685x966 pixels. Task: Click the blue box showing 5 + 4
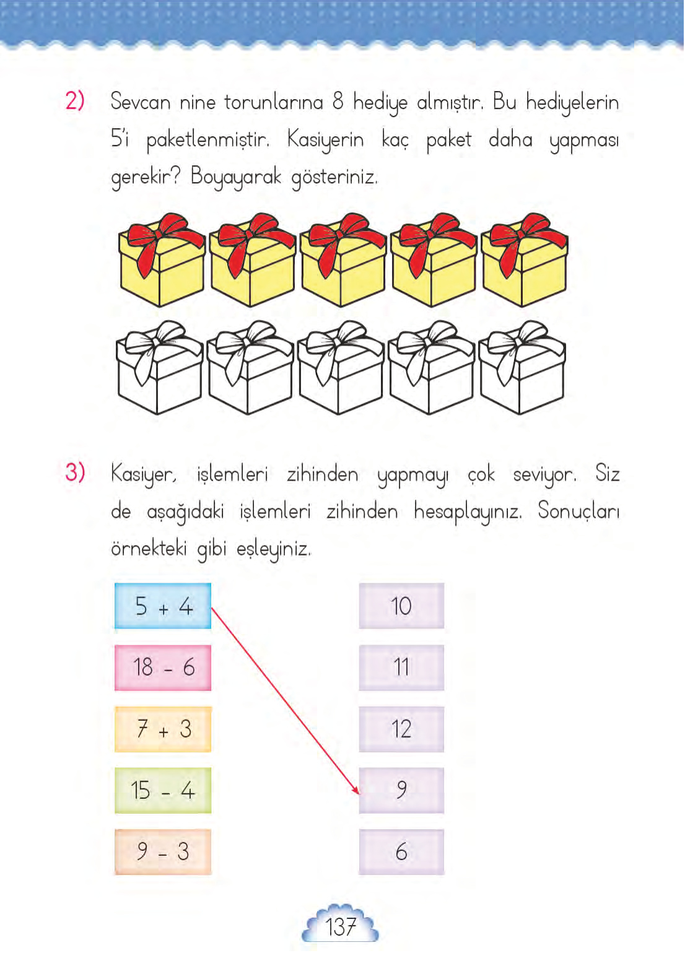[x=163, y=606]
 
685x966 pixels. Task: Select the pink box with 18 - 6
[x=163, y=668]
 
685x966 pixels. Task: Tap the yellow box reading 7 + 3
[x=163, y=729]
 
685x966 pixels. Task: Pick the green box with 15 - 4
[x=163, y=790]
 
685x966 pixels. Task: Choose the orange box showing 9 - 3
[x=163, y=851]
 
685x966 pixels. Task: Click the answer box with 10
[x=401, y=606]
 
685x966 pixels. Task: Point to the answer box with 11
[x=401, y=668]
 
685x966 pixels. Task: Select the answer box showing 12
[x=401, y=729]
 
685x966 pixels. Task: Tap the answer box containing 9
[x=401, y=790]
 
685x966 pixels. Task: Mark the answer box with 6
[x=401, y=851]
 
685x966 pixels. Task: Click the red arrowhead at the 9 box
[x=356, y=790]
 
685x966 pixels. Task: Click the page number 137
[x=340, y=927]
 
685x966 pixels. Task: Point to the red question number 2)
[x=75, y=100]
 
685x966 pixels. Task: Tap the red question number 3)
[x=75, y=472]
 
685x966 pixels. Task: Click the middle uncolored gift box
[x=340, y=368]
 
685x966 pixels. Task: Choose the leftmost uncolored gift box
[x=159, y=368]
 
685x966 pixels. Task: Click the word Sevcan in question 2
[x=141, y=102]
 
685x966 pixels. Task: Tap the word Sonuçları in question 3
[x=578, y=511]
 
